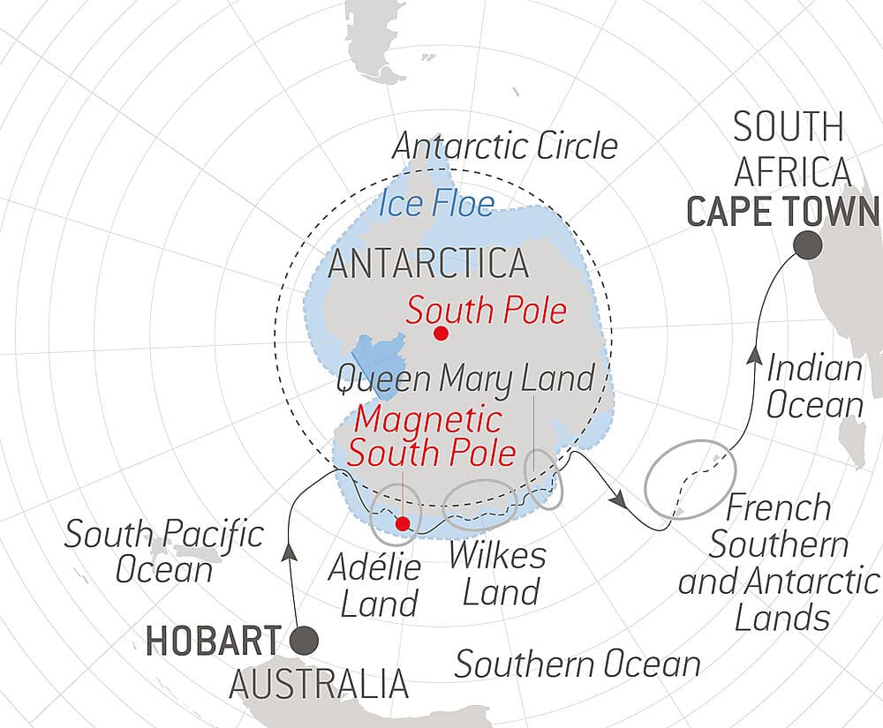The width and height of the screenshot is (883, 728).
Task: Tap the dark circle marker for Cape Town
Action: click(x=804, y=244)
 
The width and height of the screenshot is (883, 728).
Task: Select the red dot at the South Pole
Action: click(x=441, y=334)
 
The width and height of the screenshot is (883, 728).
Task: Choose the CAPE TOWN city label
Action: click(x=782, y=213)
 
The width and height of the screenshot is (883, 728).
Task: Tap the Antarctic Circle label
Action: click(x=504, y=146)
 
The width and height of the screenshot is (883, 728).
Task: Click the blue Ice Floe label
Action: click(x=436, y=205)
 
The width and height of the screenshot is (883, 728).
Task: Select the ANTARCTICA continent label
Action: click(x=428, y=264)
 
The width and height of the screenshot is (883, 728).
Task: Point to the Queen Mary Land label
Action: click(x=465, y=379)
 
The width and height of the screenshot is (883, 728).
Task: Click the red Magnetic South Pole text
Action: click(x=432, y=437)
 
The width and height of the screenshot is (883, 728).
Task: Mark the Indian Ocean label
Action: click(x=813, y=387)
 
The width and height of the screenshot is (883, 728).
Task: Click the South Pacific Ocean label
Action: click(x=164, y=552)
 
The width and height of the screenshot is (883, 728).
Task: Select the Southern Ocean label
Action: click(x=577, y=664)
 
